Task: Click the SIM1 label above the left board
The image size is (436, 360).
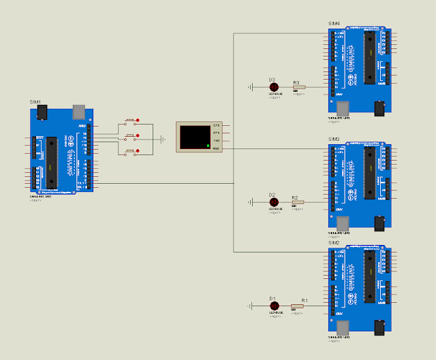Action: click(x=35, y=101)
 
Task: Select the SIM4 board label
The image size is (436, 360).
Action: click(x=334, y=24)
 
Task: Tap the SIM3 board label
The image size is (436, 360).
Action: click(x=334, y=139)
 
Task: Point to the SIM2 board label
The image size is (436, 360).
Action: click(x=334, y=242)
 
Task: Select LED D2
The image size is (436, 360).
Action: click(x=273, y=202)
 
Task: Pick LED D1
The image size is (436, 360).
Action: click(x=273, y=306)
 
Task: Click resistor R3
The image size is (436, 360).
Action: click(x=298, y=87)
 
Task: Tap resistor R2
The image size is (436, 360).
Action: click(x=298, y=202)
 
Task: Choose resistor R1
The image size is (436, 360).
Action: click(x=298, y=306)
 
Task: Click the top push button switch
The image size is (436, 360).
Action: click(x=131, y=122)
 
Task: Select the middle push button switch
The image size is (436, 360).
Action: click(x=131, y=137)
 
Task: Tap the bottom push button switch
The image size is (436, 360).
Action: click(x=131, y=152)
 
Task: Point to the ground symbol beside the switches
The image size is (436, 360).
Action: click(x=162, y=139)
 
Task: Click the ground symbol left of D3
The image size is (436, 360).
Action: click(x=250, y=87)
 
